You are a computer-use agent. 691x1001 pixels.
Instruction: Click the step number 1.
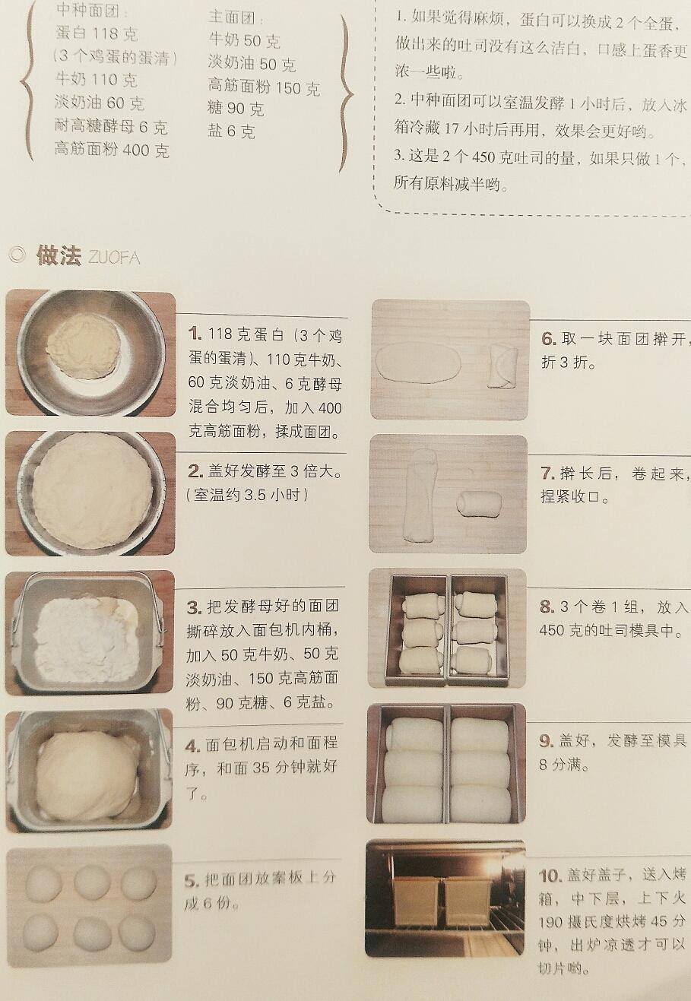coord(195,334)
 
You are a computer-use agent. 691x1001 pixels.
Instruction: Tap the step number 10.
coord(550,876)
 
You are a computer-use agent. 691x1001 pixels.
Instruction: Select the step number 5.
coord(192,882)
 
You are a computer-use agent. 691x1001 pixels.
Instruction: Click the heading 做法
coord(59,255)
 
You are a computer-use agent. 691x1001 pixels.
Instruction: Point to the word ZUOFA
coord(115,258)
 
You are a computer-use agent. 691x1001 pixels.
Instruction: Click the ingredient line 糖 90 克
coord(236,108)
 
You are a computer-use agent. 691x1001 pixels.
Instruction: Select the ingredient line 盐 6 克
coord(231,131)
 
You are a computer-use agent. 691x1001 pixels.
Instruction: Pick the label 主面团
coord(236,18)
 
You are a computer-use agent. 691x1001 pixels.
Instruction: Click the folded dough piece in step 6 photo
coord(503,366)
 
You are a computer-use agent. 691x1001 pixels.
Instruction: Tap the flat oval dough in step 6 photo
coord(418,362)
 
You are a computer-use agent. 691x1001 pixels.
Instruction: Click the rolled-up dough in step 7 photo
coord(479,504)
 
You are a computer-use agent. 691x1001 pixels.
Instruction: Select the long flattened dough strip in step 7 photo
coord(420,496)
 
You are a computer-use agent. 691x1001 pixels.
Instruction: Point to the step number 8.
coord(547,606)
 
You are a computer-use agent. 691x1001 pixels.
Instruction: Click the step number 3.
coord(194,607)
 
